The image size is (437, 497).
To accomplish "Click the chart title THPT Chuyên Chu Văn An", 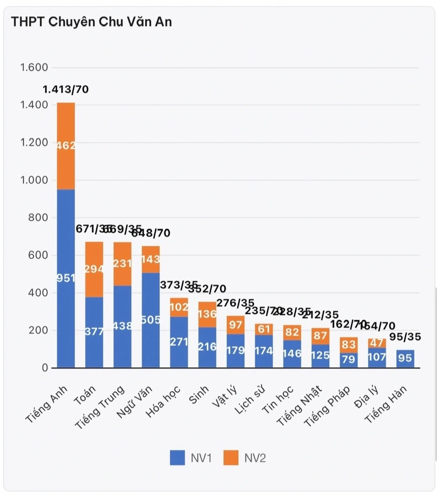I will [x=91, y=21].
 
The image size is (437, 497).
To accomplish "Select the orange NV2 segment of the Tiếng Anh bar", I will [x=66, y=146].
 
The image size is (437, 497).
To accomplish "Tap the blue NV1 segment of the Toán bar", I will [x=94, y=332].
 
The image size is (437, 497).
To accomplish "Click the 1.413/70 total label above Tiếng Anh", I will [x=66, y=90].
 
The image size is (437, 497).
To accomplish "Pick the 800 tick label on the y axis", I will [x=39, y=218].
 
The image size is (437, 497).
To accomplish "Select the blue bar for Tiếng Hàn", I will [x=405, y=359].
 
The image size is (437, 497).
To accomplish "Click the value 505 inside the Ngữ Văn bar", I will [x=150, y=319].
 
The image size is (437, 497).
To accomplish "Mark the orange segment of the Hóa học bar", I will [x=179, y=307].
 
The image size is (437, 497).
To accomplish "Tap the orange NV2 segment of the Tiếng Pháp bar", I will [x=349, y=345].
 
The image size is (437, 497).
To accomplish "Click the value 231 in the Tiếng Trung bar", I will [x=123, y=263].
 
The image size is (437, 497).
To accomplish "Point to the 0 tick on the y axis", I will [x=45, y=368].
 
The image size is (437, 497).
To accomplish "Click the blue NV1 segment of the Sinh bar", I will [x=207, y=347].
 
